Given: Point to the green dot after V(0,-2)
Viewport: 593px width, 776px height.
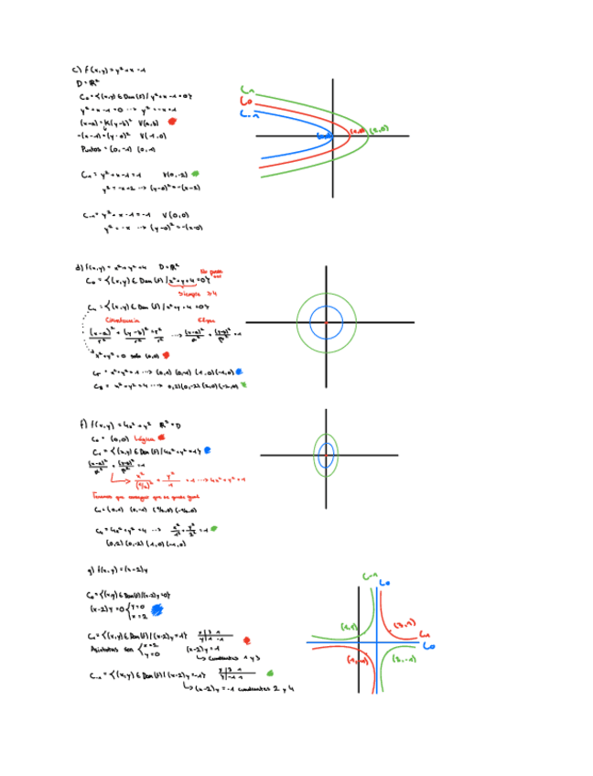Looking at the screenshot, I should [195, 173].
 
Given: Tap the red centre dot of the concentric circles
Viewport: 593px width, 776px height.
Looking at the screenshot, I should [326, 322].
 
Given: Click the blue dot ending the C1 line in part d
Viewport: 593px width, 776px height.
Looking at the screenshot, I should [240, 372].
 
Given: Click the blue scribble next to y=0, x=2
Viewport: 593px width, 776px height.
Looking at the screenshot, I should [156, 609].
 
